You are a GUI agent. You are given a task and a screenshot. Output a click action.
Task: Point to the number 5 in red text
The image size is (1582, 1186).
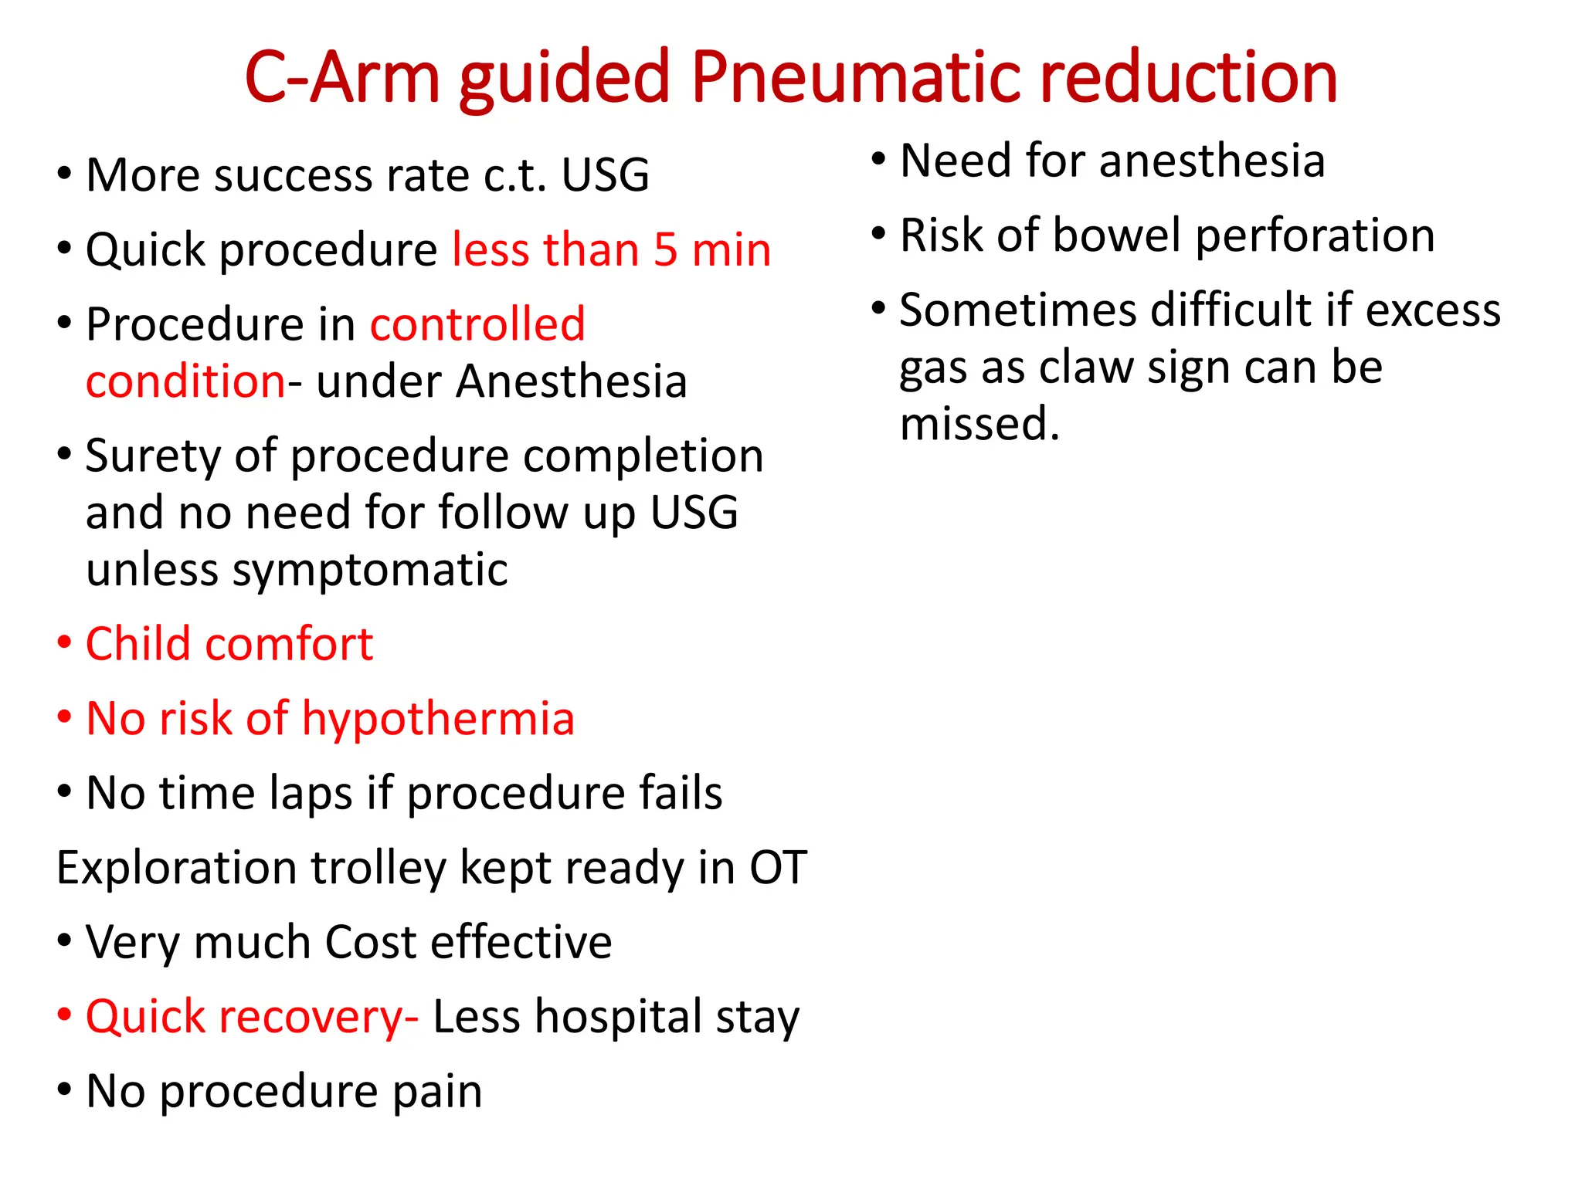665,250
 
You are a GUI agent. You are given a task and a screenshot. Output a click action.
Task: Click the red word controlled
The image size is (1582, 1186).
477,324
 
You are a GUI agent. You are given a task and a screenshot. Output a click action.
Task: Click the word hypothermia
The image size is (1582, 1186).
438,720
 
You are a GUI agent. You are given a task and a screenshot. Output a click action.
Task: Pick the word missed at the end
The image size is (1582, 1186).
979,425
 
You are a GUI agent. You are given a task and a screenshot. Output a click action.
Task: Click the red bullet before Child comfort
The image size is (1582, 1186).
65,642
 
